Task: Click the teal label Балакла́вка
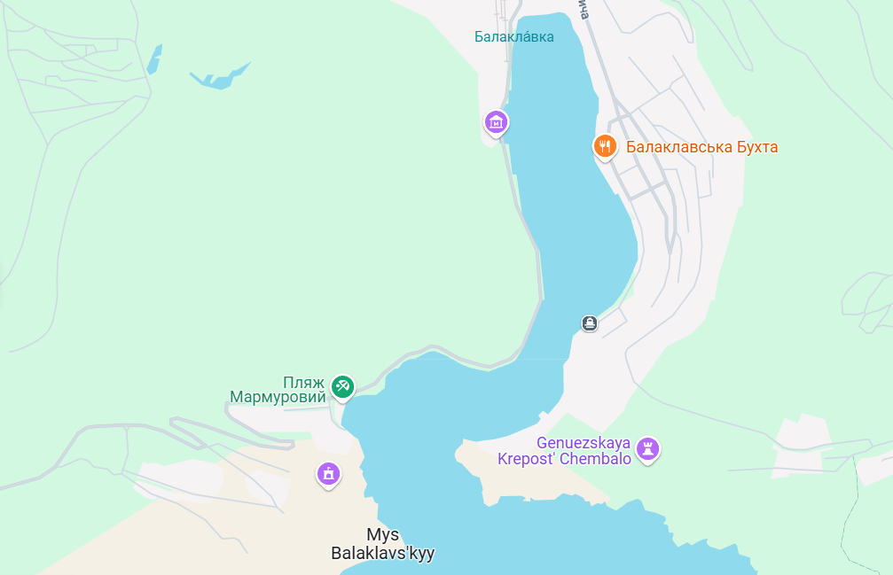click(513, 36)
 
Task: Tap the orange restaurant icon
click(605, 146)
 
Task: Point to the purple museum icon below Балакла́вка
click(497, 121)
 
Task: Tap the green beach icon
click(342, 386)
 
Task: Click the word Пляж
click(303, 382)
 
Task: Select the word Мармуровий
click(278, 397)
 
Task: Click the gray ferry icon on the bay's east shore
click(590, 322)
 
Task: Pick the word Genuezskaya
click(583, 442)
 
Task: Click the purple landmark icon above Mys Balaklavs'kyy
click(329, 474)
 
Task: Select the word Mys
click(382, 534)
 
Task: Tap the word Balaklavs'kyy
click(382, 554)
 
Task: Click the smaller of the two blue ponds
click(154, 59)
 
